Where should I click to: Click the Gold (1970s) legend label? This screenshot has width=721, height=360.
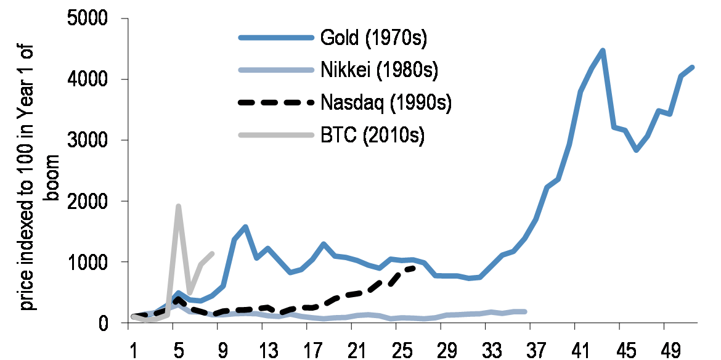point(373,38)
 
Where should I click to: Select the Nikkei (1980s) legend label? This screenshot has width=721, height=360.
point(379,70)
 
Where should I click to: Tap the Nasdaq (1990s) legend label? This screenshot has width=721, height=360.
point(386,102)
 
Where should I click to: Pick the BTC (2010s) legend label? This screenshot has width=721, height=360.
point(372,135)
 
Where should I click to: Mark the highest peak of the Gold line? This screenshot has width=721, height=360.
point(603,51)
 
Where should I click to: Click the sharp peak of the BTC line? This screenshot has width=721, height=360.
point(178,207)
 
